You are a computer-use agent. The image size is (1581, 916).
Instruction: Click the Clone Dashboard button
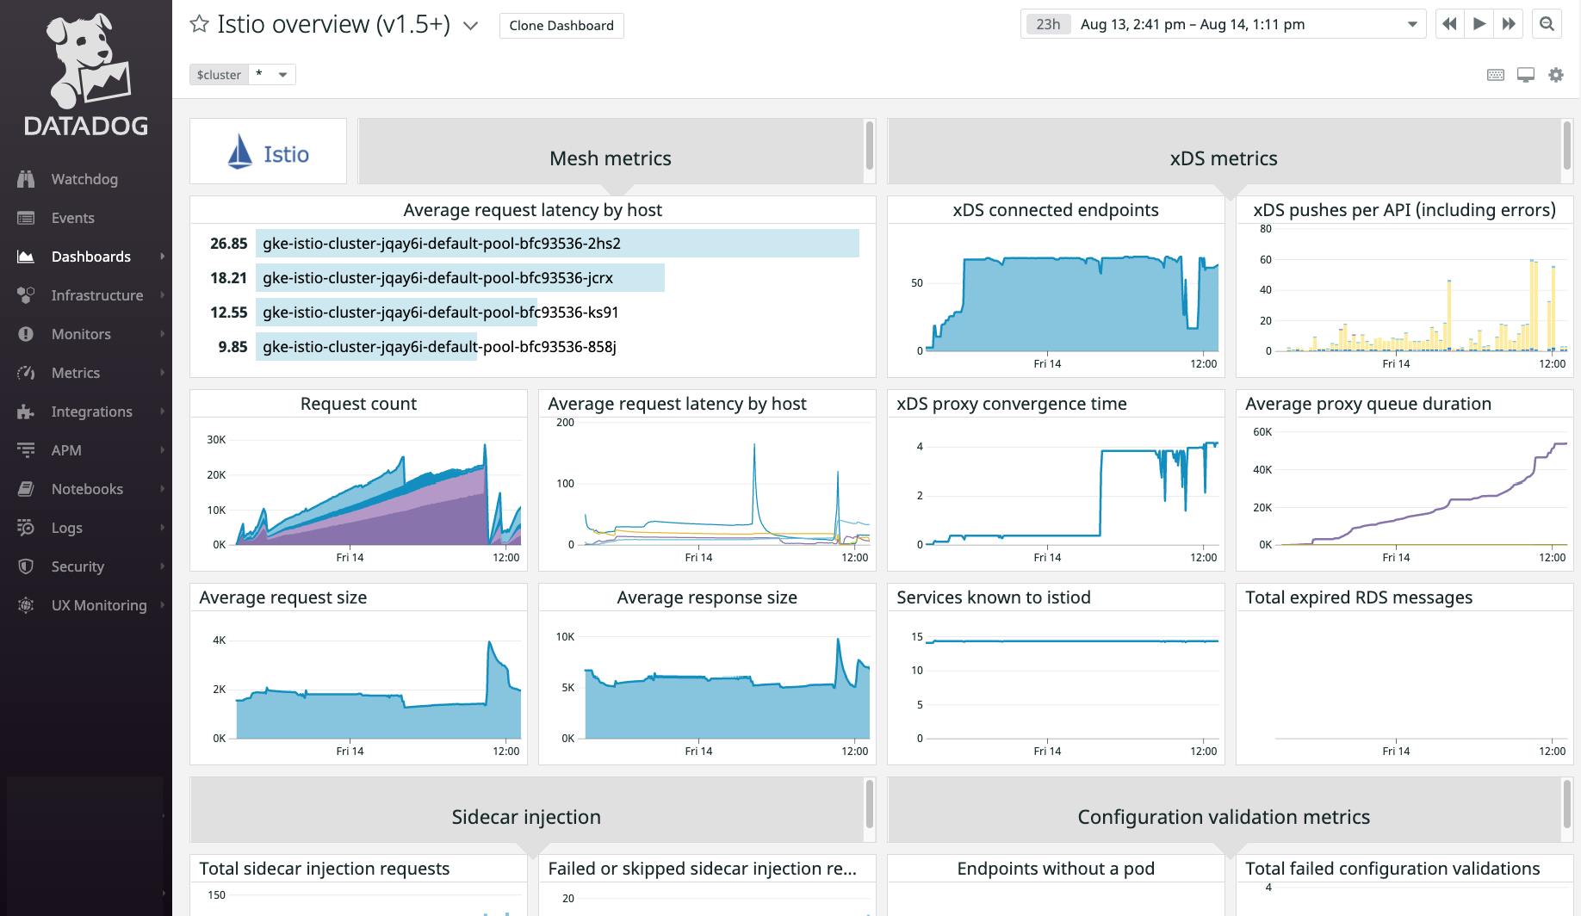[561, 26]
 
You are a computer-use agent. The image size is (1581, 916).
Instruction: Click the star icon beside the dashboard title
[199, 24]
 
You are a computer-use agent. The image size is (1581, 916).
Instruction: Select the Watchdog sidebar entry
[84, 179]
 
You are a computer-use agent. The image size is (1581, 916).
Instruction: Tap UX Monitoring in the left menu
[98, 605]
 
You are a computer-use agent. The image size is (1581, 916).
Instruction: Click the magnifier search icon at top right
[1547, 24]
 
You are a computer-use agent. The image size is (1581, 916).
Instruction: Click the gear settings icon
[1555, 75]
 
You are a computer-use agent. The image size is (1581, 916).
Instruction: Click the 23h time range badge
[1048, 24]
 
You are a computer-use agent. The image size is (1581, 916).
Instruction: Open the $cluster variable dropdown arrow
[282, 75]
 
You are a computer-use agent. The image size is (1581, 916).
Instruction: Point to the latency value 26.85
[228, 244]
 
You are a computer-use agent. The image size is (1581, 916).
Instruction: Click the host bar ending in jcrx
[460, 278]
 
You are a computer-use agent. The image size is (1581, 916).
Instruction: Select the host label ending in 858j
[439, 347]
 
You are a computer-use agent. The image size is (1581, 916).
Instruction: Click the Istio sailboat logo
[239, 152]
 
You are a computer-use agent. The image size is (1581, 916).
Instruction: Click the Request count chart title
[358, 404]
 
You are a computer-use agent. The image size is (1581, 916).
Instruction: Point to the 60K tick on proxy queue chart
[1262, 432]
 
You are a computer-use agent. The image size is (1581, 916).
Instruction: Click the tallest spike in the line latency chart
[754, 446]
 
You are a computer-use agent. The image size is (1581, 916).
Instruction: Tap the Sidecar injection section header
[526, 817]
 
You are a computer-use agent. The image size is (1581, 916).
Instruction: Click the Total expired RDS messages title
[1358, 597]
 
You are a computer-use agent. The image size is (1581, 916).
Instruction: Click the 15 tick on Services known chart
[917, 637]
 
